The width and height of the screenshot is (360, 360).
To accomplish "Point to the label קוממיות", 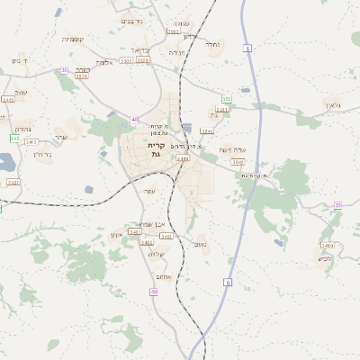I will coord(73,39).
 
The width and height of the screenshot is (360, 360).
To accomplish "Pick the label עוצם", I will coord(21,91).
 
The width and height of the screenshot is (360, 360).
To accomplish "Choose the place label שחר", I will coord(60,137).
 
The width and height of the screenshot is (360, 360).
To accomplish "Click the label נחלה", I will coord(213,43).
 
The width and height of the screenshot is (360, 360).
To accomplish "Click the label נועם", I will coord(201,244).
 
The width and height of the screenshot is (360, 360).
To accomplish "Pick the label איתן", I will coord(115,235).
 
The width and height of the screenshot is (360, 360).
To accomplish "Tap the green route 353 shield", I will coord(227,99).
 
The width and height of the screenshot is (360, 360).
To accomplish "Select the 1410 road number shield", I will coord(327,246).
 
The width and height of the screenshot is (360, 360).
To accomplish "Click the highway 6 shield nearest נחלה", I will coord(247,49).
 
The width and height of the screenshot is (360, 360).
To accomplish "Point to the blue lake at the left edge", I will coord(4,163).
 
